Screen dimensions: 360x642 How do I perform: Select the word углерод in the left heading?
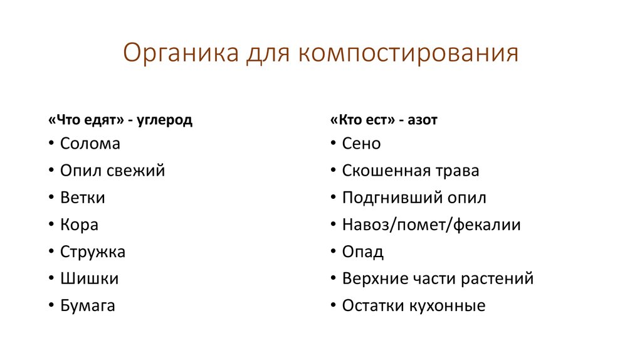click(167, 120)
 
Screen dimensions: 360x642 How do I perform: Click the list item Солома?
click(90, 144)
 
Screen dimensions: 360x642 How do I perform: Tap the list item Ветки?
click(83, 198)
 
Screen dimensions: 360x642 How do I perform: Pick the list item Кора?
click(80, 225)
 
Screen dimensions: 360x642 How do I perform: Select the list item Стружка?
click(93, 252)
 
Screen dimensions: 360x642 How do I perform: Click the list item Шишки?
click(90, 279)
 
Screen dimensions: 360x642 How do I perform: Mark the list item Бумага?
click(88, 306)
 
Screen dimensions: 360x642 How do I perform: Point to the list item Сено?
click(362, 144)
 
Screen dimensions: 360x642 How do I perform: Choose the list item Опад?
click(363, 252)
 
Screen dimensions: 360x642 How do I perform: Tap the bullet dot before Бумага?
click(50, 307)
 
